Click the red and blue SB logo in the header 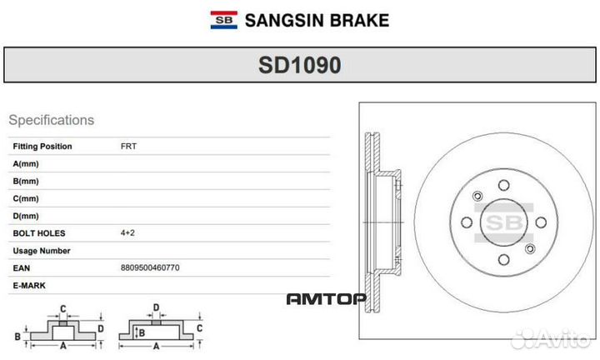pos(222,19)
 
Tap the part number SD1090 pos(299,65)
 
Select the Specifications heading pos(51,120)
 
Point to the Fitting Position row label pos(42,147)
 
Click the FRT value pos(128,147)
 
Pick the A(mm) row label pos(26,164)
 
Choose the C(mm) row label pos(26,198)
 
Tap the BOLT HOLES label pos(39,233)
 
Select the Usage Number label pos(42,251)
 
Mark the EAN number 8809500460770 pos(150,268)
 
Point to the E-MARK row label pos(29,286)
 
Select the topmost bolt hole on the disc pos(503,186)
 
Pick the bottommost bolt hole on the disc pos(503,262)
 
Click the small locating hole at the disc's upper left pos(477,197)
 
